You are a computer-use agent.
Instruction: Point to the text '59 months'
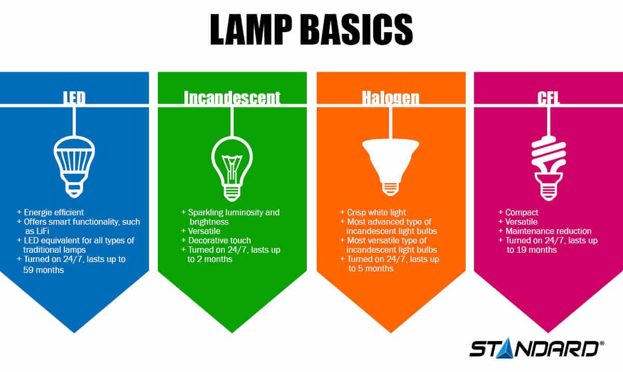click(x=44, y=269)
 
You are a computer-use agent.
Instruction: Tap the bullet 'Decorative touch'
click(x=219, y=241)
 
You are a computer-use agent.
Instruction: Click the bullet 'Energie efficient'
click(x=53, y=213)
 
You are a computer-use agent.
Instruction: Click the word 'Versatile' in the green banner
click(x=205, y=231)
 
